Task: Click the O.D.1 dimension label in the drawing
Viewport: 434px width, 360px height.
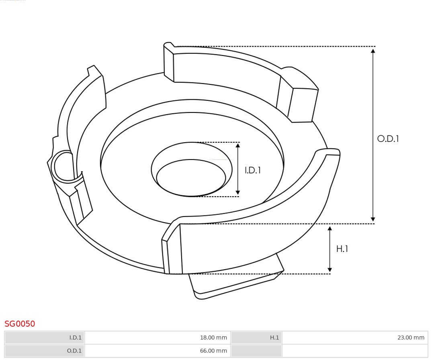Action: tap(388, 139)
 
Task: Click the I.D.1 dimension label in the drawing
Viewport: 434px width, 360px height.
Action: tap(253, 170)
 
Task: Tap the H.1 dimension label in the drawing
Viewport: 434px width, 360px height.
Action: tap(342, 249)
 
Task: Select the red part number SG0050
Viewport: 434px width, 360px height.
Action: tap(20, 324)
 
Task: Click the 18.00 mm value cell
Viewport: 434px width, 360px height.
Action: tap(157, 338)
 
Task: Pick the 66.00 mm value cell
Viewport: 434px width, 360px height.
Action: tap(157, 351)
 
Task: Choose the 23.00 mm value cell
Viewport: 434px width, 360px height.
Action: tap(355, 338)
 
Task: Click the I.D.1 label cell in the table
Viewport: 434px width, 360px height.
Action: tap(45, 338)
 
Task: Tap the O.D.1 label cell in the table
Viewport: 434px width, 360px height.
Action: tap(45, 351)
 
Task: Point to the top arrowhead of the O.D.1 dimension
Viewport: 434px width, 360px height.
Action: tap(373, 51)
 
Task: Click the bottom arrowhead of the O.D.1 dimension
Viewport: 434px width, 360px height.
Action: tap(373, 219)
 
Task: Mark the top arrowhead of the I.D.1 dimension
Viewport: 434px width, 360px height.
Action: tap(238, 146)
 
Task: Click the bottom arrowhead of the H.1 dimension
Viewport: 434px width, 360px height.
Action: tap(330, 270)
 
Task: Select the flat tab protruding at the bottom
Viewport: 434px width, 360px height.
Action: tap(237, 281)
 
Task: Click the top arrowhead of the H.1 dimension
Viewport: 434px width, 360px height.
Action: tap(330, 229)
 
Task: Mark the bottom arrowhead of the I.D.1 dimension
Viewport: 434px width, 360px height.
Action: tap(238, 192)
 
